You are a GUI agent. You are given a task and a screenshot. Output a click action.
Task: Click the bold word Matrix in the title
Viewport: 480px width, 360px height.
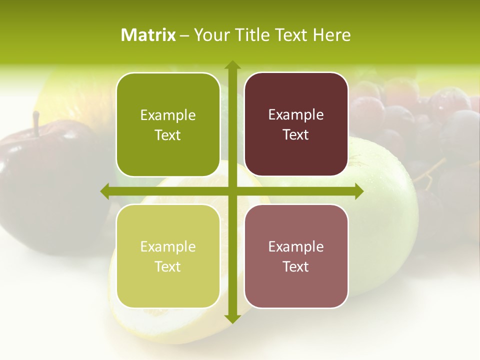click(148, 35)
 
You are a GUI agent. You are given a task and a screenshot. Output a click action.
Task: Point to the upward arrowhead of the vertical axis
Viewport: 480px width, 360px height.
click(232, 65)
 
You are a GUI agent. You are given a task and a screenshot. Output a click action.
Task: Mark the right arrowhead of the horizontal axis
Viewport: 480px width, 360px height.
click(358, 191)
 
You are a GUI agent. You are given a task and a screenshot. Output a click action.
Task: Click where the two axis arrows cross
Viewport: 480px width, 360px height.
click(232, 191)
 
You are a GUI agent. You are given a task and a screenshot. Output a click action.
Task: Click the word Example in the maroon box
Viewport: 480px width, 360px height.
click(296, 115)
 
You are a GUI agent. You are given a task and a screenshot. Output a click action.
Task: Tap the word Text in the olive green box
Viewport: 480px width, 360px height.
click(167, 135)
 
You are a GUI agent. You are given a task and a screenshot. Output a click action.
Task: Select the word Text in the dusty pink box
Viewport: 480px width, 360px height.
click(295, 266)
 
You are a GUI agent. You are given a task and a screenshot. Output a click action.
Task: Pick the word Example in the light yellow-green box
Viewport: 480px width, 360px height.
click(168, 246)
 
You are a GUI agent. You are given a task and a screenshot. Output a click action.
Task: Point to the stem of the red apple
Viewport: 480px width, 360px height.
click(36, 123)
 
